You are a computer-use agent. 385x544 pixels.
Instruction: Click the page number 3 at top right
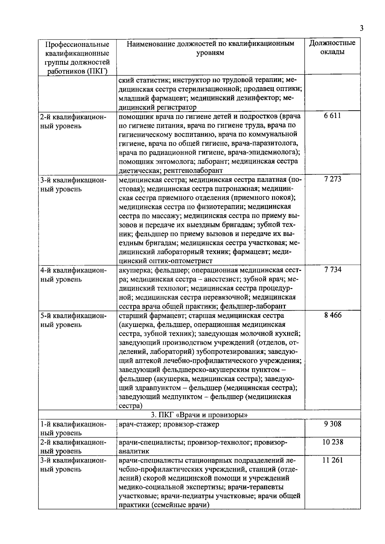coord(362,28)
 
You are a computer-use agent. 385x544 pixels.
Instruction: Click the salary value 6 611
coord(332,116)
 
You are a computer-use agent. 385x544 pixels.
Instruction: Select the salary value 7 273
coord(332,179)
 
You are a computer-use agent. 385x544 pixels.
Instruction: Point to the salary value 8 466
coord(332,315)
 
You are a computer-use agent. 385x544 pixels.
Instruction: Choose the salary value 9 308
coord(332,424)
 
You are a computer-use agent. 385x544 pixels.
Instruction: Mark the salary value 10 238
coord(332,442)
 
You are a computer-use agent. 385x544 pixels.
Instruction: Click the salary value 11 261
coord(332,461)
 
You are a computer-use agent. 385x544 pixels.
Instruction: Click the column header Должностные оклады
coord(332,47)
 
